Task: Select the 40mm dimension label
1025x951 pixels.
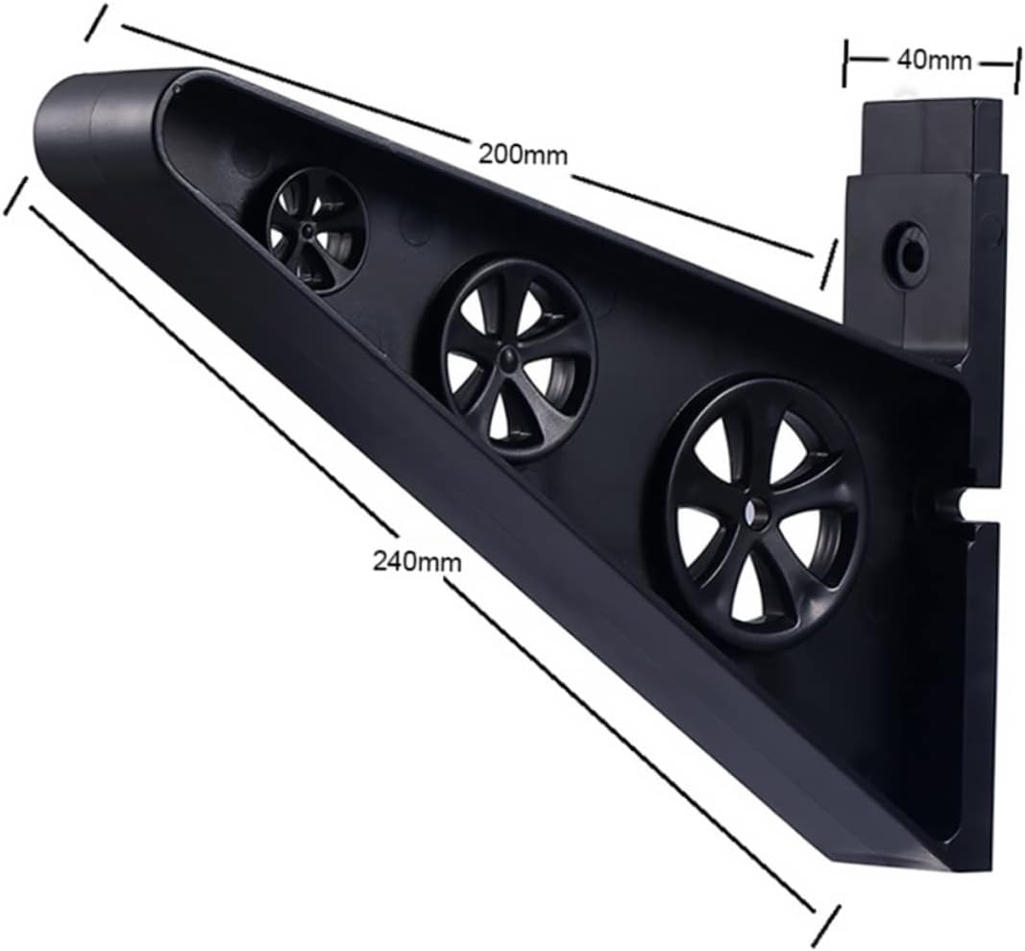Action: coord(931,60)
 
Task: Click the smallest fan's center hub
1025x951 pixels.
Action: coord(305,231)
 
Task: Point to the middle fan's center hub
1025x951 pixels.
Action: coord(505,359)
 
